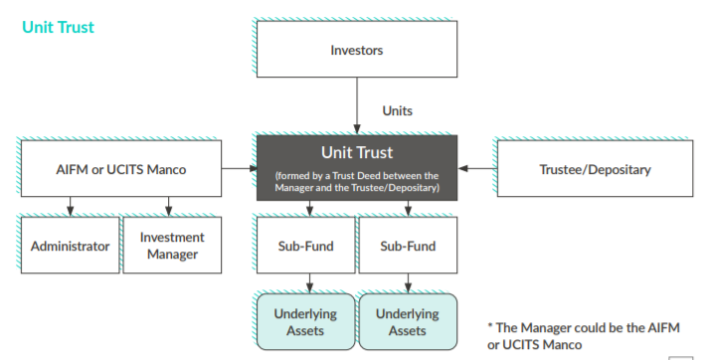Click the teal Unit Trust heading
tap(58, 27)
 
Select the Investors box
tap(356, 50)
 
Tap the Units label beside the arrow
tap(398, 111)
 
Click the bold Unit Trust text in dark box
tap(356, 152)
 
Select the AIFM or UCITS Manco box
tap(120, 169)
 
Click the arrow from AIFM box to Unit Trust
tap(239, 169)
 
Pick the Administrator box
tap(71, 246)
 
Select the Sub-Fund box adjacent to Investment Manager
tap(305, 246)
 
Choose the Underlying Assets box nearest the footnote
tap(407, 322)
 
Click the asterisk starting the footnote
tap(490, 327)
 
